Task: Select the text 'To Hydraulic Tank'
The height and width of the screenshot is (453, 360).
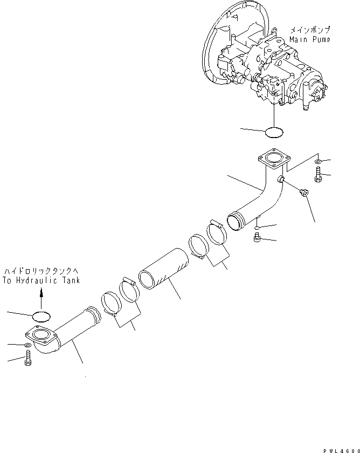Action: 40,280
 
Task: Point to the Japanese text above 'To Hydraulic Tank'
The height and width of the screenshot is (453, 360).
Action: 40,271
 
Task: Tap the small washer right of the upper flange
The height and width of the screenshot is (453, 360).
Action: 319,161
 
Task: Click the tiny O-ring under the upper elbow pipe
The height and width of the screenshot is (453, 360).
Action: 258,226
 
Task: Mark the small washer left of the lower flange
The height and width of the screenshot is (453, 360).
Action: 27,345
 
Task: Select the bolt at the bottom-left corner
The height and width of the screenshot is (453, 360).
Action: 27,358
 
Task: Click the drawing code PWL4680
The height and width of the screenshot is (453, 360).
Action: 338,448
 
